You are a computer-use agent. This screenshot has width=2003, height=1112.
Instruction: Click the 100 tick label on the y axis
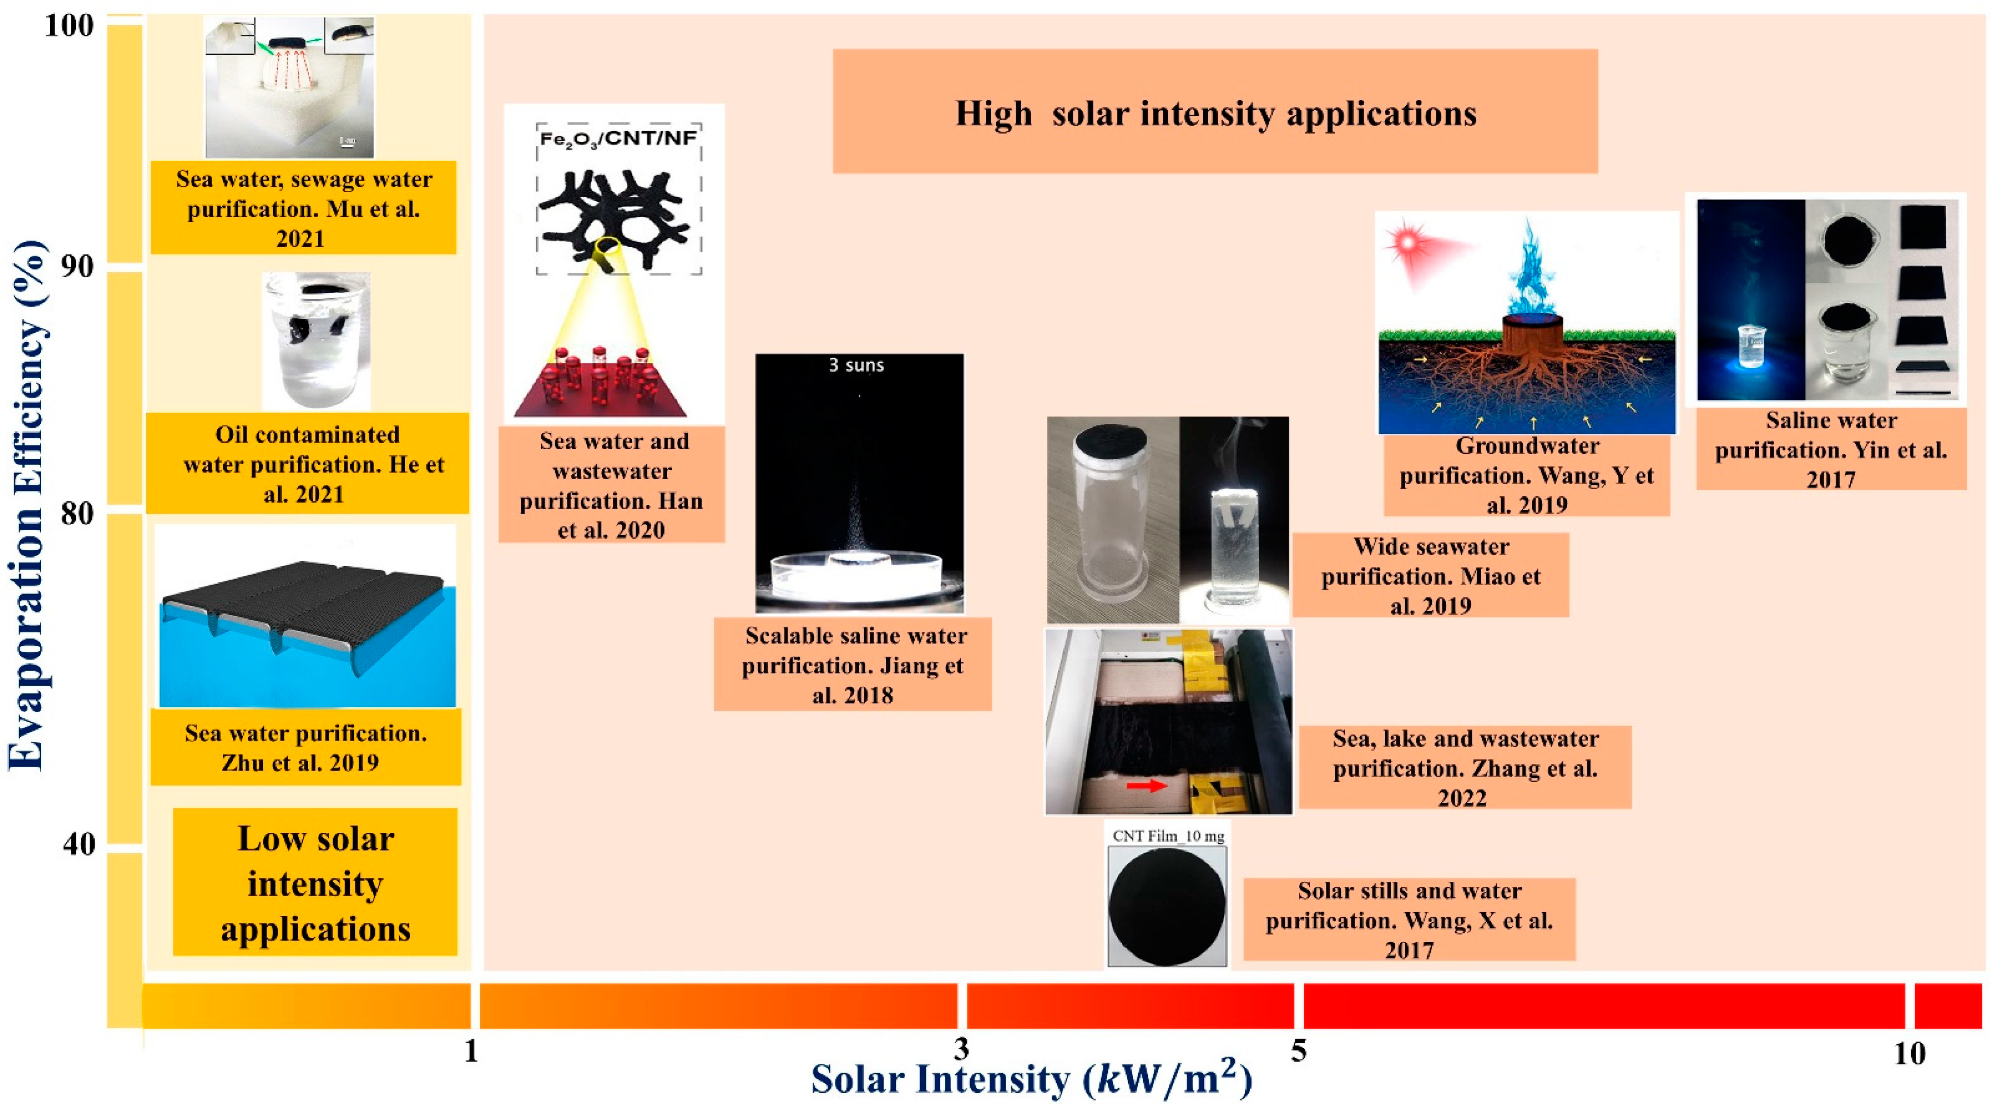[69, 26]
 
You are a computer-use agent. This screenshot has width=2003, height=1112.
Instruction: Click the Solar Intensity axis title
[1031, 1080]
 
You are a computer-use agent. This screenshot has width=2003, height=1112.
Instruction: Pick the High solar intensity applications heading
[1216, 113]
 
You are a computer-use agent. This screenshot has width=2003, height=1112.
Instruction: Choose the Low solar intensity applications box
[315, 883]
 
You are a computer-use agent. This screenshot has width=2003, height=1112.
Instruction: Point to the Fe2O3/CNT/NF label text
[618, 139]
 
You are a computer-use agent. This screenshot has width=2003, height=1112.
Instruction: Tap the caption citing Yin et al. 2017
[1831, 450]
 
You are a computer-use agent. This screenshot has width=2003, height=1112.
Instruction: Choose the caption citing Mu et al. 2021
[303, 209]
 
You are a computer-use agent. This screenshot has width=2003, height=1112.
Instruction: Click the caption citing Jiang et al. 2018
[852, 665]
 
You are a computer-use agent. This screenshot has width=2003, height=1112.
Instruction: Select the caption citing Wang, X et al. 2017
[1409, 920]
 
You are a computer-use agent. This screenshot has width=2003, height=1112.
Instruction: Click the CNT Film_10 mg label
[1168, 836]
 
